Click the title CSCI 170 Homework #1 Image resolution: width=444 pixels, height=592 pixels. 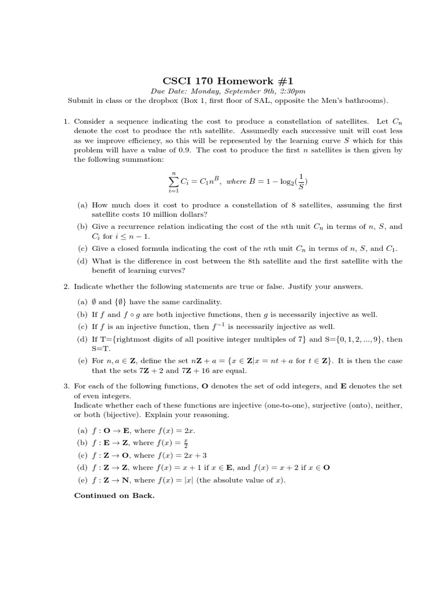pyautogui.click(x=221, y=80)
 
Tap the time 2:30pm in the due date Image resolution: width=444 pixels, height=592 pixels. pyautogui.click(x=291, y=91)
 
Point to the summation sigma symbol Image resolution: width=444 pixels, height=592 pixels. pyautogui.click(x=172, y=181)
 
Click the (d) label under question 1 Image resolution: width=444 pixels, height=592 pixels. pyautogui.click(x=82, y=261)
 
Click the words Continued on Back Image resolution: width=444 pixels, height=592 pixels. pyautogui.click(x=114, y=495)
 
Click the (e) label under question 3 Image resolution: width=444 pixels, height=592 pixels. pyautogui.click(x=82, y=480)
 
